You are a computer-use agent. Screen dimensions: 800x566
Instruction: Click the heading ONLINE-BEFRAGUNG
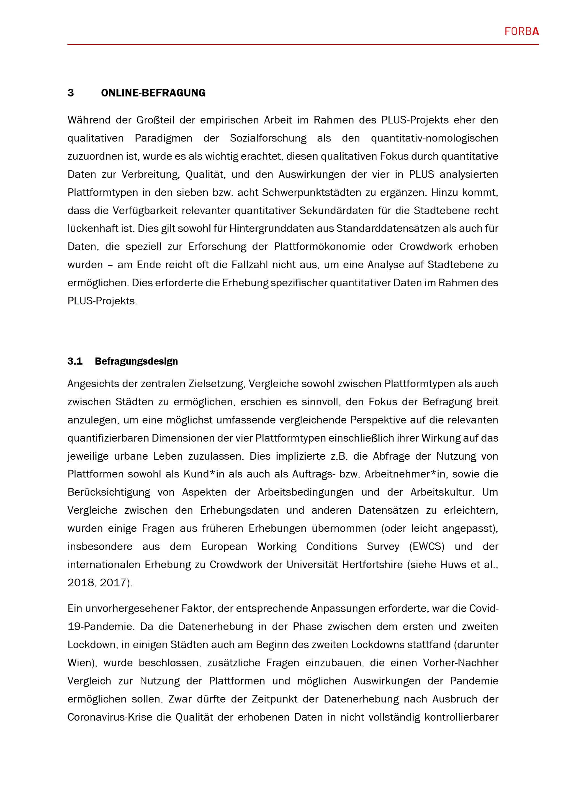pos(153,93)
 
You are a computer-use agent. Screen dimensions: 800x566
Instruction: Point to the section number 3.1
pos(75,361)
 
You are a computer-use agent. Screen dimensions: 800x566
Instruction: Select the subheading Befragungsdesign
pos(136,361)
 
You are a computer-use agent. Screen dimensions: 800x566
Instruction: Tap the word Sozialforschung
pos(268,138)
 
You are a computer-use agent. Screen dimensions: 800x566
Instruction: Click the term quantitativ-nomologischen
pos(434,138)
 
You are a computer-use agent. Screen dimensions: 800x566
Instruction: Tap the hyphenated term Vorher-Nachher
pos(460,663)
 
